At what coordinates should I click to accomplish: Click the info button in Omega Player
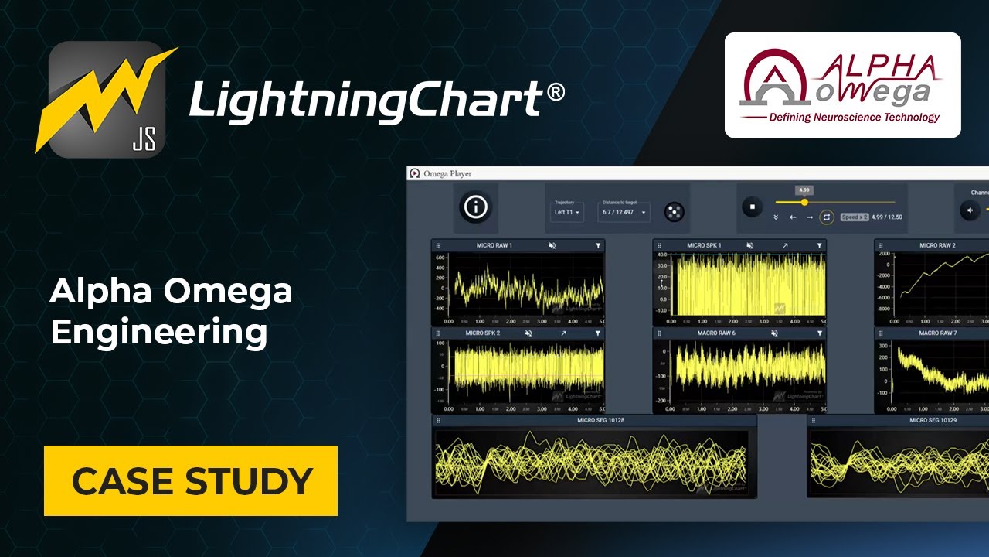click(475, 207)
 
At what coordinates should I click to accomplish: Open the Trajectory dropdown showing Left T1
click(567, 212)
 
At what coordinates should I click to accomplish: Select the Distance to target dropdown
click(624, 212)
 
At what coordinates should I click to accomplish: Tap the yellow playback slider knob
click(804, 202)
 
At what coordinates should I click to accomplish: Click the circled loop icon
click(827, 217)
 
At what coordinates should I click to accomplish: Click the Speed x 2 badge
click(854, 217)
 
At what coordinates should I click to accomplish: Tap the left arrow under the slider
click(793, 217)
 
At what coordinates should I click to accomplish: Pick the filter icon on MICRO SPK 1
click(819, 245)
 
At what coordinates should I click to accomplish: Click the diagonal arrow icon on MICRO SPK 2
click(563, 333)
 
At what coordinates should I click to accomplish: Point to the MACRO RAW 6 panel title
click(719, 333)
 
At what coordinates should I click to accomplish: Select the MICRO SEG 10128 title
click(600, 420)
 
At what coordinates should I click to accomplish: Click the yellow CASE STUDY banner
click(191, 480)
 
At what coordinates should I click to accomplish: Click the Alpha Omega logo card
click(842, 85)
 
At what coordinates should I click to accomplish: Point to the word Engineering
click(158, 332)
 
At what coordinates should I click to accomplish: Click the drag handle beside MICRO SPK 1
click(659, 245)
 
